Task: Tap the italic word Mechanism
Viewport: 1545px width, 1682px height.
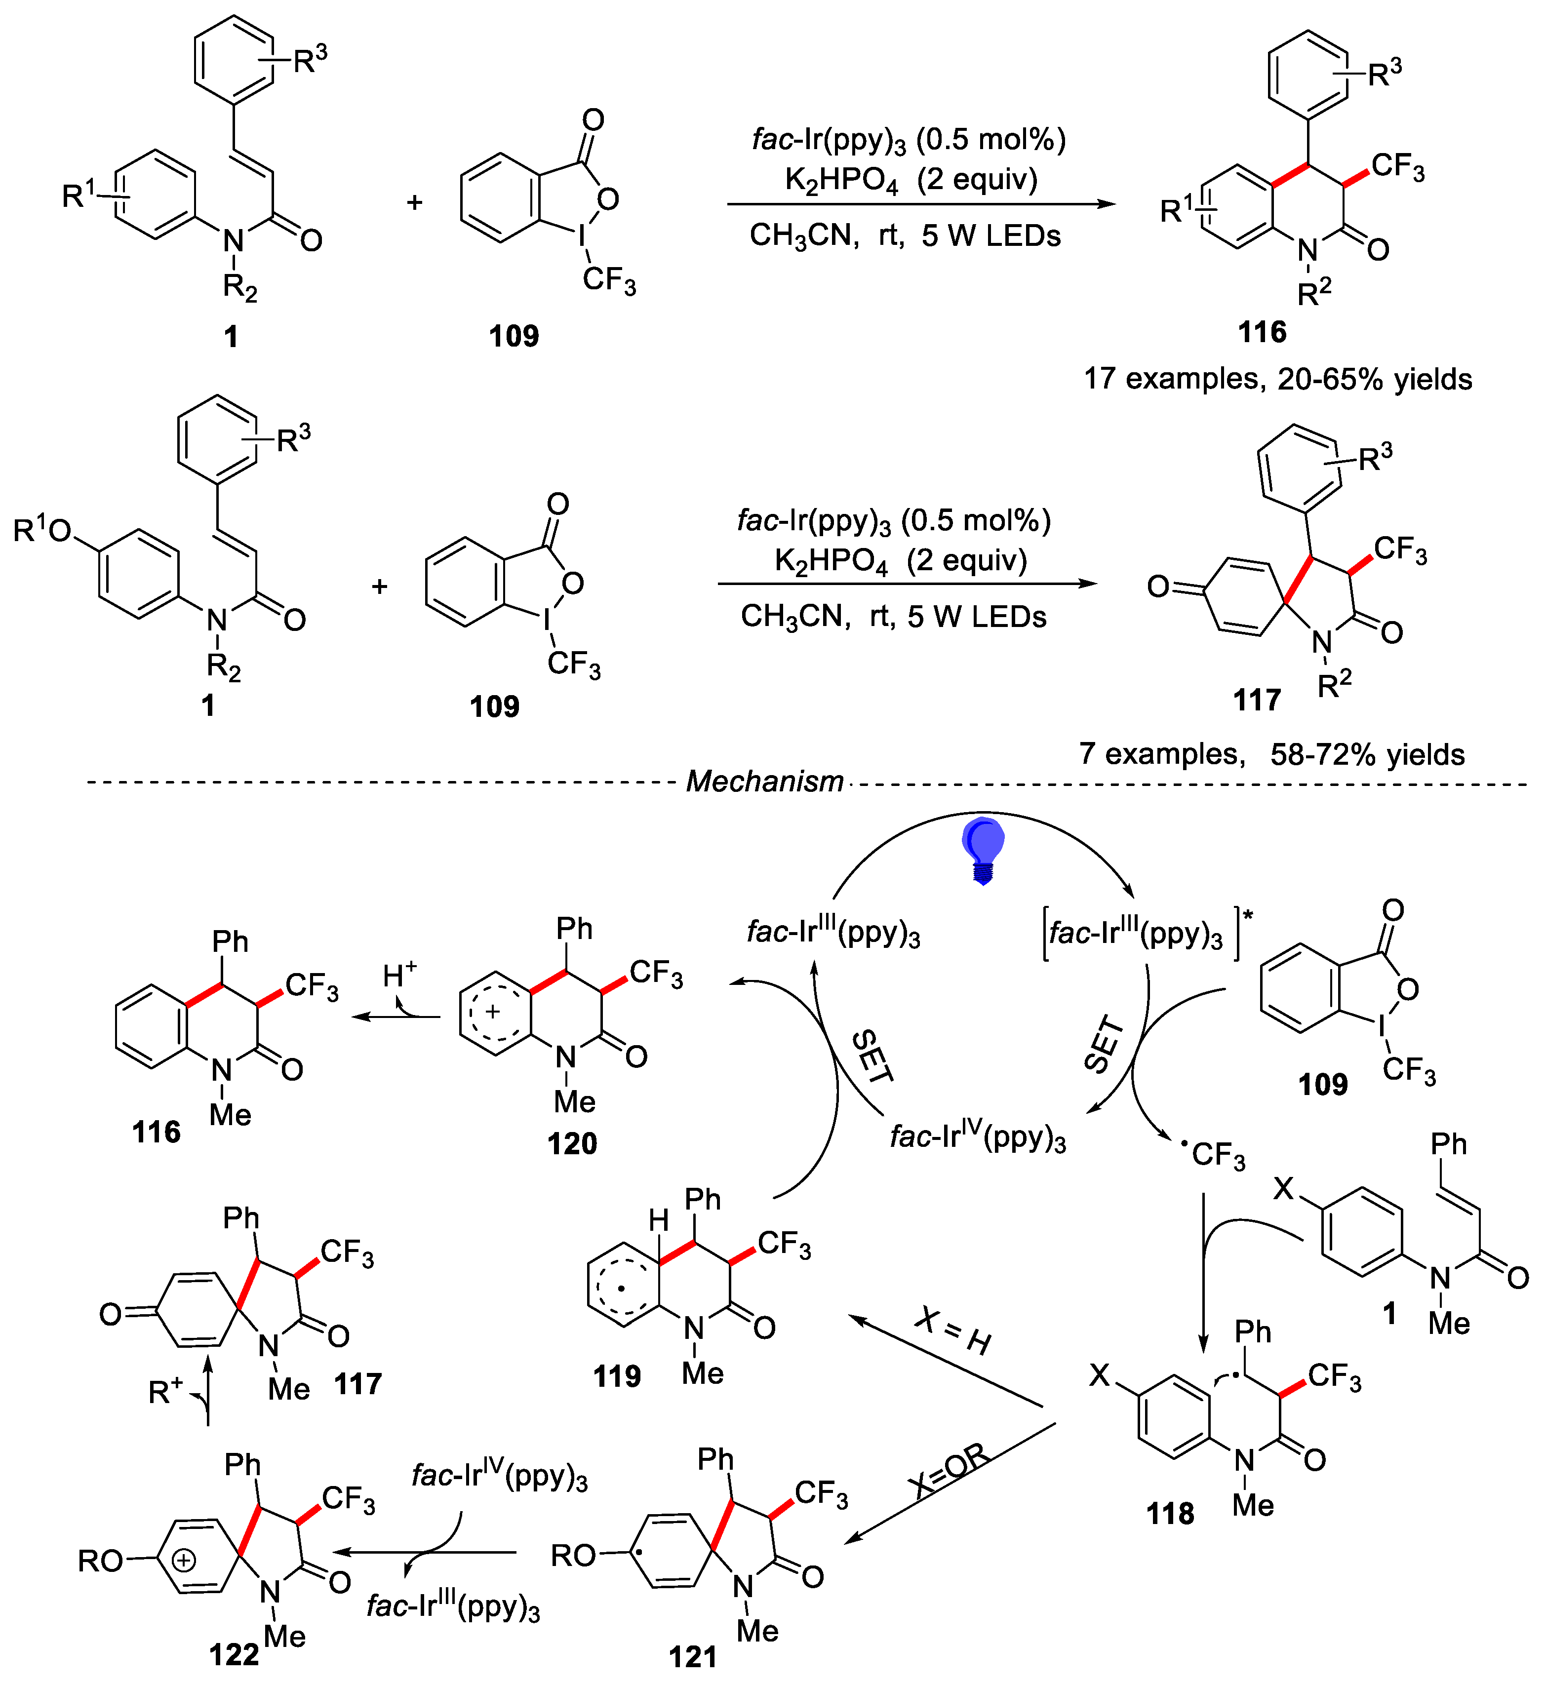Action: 764,781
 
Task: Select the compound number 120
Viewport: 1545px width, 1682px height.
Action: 572,1143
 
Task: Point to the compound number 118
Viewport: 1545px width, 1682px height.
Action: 1170,1513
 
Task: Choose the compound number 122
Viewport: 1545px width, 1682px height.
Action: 234,1653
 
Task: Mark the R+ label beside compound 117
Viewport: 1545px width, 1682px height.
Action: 165,1392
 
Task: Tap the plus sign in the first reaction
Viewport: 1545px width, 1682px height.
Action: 415,202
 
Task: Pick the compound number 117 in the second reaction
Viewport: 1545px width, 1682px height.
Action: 1257,700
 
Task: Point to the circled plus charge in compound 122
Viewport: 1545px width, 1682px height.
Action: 183,1560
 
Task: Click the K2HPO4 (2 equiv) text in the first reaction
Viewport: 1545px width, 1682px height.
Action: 911,180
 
